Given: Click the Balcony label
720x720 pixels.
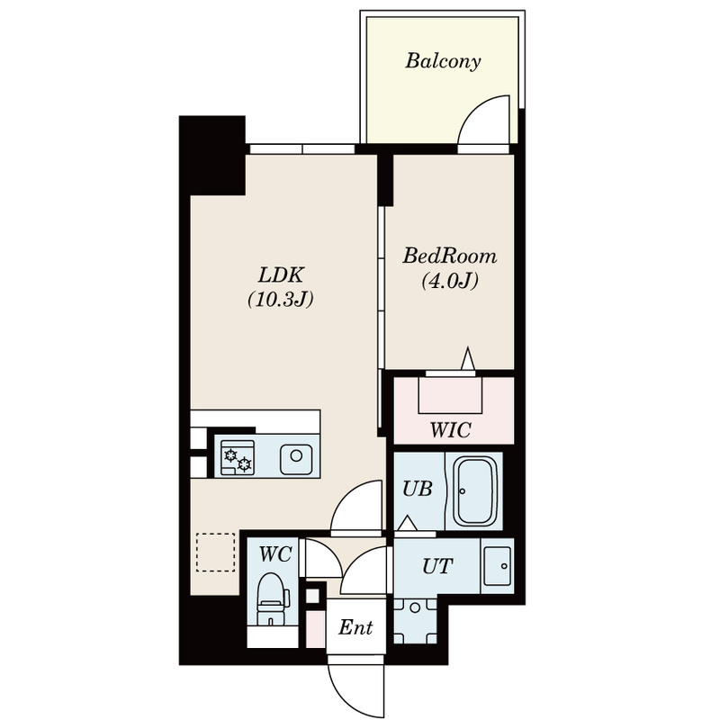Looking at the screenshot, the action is coord(443,61).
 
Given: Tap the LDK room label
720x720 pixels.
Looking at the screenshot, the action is coord(281,275).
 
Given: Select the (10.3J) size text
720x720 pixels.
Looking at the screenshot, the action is coord(281,300).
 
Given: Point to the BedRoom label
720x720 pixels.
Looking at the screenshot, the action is coord(449,256).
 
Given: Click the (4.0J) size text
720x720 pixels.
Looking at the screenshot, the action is coord(450,281).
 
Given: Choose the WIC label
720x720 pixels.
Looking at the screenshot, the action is coord(451,430).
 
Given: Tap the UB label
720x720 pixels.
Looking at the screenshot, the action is coord(418,489).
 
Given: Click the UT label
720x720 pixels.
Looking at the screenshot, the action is coord(437,567).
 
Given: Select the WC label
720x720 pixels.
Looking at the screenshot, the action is coord(275,554).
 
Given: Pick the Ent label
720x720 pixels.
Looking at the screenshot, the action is coord(355,627).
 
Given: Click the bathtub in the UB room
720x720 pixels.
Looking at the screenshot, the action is coord(475,490).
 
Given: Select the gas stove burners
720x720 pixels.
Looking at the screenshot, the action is coord(238,458).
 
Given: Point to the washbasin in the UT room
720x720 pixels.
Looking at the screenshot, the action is coord(498,566).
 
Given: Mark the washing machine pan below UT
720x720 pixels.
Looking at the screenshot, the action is coord(415,620).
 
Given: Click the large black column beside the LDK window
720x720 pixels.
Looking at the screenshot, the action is coord(212,155).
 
